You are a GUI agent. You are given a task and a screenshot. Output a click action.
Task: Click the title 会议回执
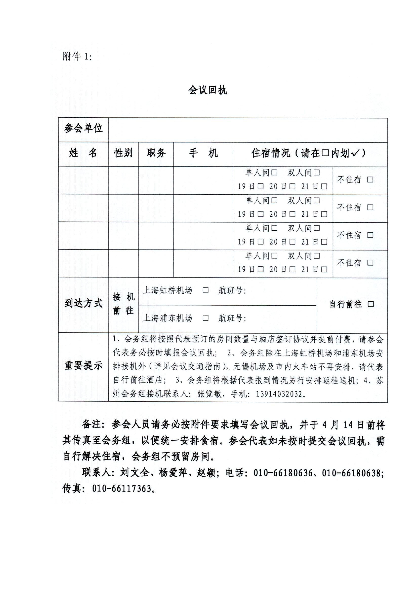click(208, 90)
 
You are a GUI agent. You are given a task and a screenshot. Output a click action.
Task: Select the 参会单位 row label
click(83, 128)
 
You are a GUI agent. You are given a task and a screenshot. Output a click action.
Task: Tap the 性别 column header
click(123, 153)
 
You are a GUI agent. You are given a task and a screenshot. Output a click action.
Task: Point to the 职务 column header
click(156, 153)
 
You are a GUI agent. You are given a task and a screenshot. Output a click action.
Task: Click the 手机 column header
click(203, 153)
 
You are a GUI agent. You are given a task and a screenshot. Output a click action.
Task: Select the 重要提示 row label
click(83, 365)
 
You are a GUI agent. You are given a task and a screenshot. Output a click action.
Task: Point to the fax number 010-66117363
click(121, 489)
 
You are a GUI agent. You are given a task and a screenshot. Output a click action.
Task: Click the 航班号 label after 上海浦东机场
click(232, 318)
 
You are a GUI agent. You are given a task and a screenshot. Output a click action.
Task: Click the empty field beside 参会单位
click(248, 130)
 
